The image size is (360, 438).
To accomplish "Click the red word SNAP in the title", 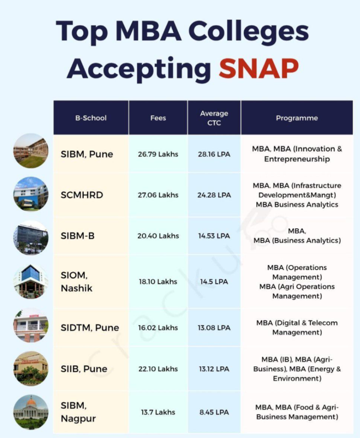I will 259,68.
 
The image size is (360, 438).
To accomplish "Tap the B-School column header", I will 91,118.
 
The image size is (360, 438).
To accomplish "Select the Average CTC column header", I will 214,118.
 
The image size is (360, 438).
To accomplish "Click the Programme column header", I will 297,118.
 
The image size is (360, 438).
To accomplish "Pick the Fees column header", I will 158,118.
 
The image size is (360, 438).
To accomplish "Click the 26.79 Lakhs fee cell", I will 158,154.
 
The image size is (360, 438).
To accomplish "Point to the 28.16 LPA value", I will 214,154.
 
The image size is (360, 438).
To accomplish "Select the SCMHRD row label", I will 82,195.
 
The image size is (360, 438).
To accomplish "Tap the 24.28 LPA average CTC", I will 214,195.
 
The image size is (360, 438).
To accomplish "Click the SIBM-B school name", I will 78,236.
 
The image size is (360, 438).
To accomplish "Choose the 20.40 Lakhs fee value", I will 158,236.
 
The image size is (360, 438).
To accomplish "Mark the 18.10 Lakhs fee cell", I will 158,282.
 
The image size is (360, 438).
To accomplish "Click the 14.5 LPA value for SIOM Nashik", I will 214,282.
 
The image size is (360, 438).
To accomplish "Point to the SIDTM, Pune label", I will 90,328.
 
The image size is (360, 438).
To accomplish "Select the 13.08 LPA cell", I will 214,328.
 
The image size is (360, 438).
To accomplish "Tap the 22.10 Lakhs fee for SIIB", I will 158,369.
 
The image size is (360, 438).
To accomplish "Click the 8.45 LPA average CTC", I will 214,412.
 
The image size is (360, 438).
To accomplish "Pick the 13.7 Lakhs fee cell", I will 158,412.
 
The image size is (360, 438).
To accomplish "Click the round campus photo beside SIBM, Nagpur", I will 31,412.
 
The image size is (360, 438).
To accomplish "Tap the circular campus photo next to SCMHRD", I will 31,194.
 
